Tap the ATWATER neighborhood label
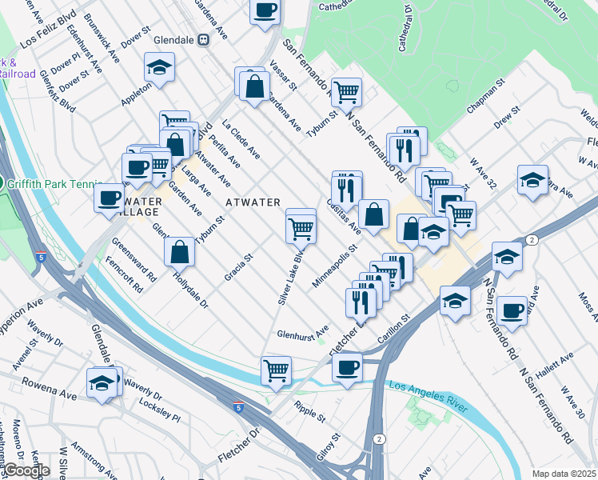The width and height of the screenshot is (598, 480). click(x=253, y=202)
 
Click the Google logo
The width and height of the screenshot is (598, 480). click(x=26, y=470)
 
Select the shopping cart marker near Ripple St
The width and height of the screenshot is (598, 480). click(x=276, y=371)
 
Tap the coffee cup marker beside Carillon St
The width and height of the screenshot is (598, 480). click(x=347, y=367)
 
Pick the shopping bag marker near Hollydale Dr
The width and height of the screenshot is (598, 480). click(x=180, y=250)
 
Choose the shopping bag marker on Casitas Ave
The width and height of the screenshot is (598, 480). click(x=373, y=214)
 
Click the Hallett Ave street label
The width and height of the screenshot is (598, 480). click(x=554, y=363)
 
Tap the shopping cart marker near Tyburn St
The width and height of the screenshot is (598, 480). click(x=347, y=93)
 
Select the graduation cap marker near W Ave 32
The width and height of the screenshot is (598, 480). click(x=532, y=179)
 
